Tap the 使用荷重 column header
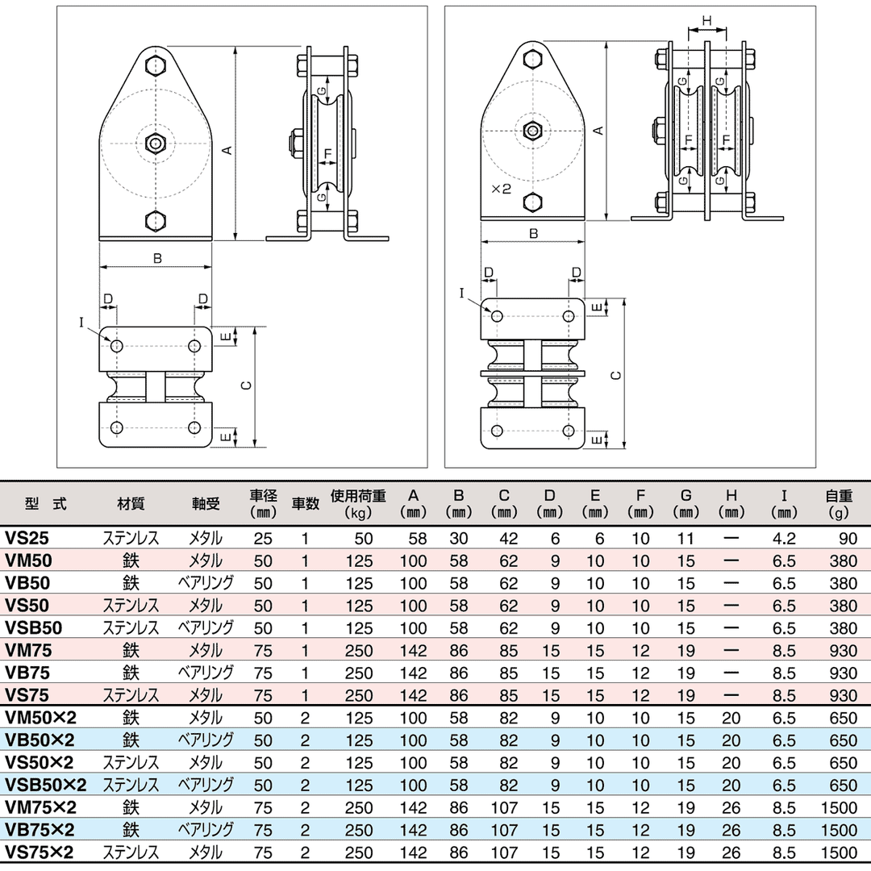point(358,503)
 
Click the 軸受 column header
point(206,503)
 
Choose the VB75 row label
point(27,673)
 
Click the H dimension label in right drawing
point(706,19)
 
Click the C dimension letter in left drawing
point(247,385)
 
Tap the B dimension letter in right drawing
point(533,234)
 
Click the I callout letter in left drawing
point(81,322)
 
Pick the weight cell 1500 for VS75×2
point(840,852)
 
